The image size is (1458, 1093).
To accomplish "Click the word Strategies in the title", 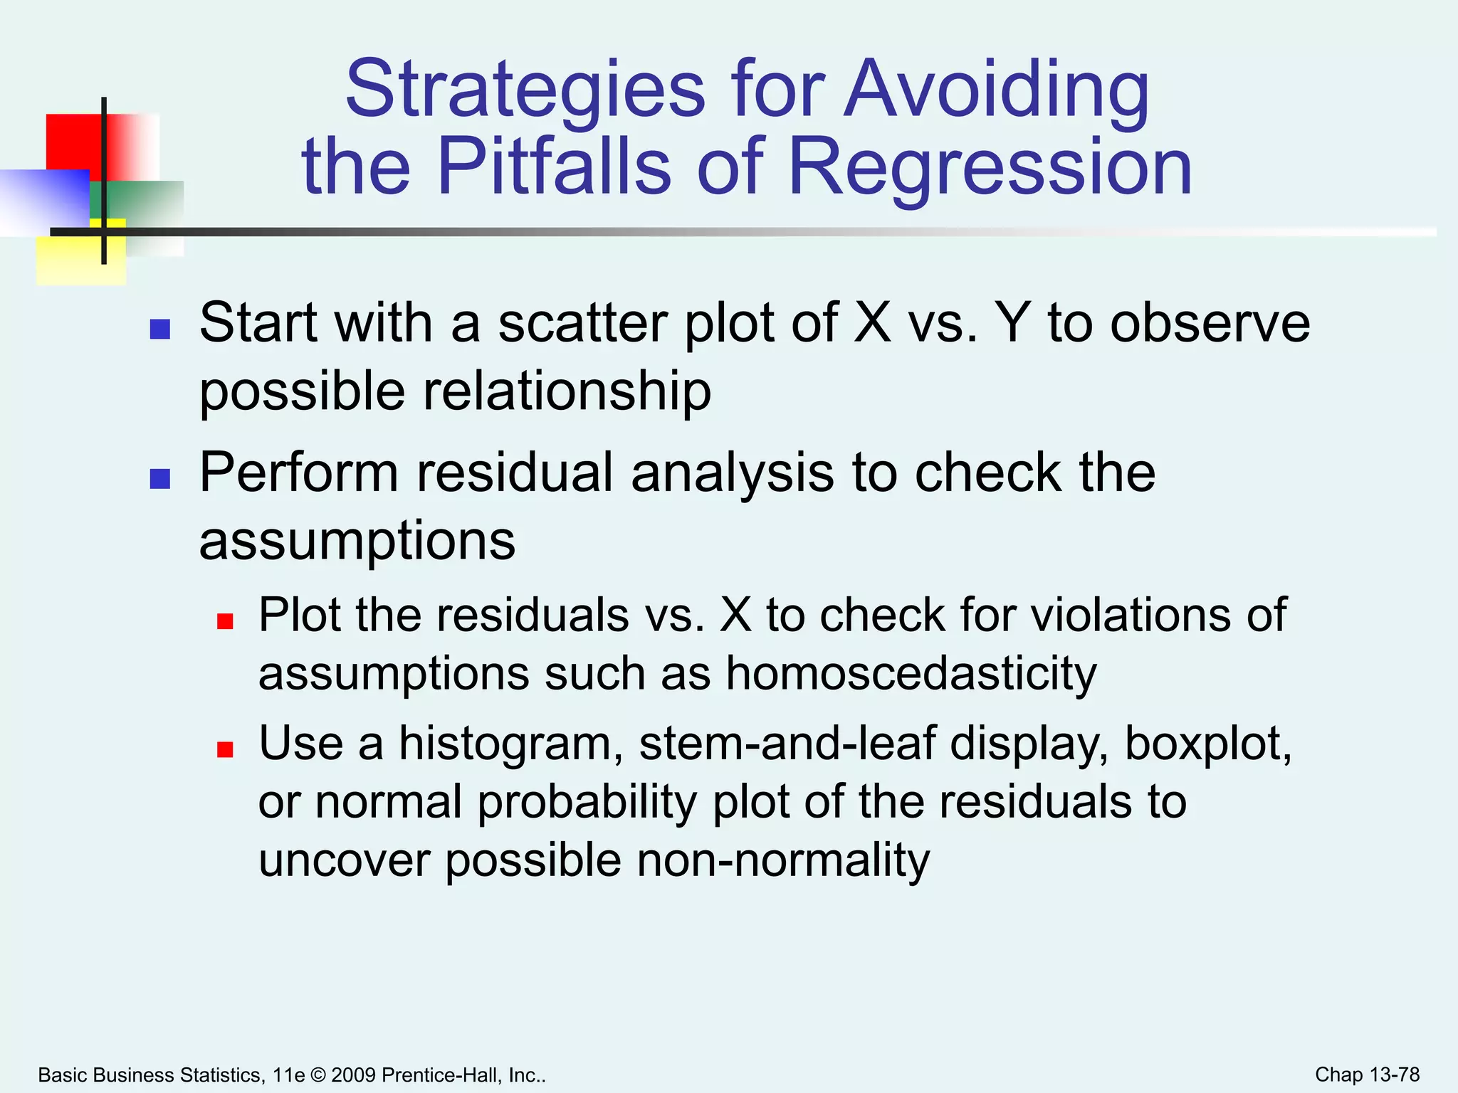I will coord(525,90).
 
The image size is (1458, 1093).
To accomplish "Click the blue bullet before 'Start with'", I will coord(160,329).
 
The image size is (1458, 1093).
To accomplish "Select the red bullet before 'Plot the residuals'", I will coord(225,621).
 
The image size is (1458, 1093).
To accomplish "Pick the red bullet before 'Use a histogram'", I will coord(225,749).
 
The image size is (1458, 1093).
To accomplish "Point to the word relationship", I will coord(567,391).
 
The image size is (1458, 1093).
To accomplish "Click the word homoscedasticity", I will coord(911,673).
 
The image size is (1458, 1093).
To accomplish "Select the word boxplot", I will coord(1207,744).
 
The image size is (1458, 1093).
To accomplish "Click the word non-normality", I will coord(783,860).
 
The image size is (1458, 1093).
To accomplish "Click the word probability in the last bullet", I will coord(587,803).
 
